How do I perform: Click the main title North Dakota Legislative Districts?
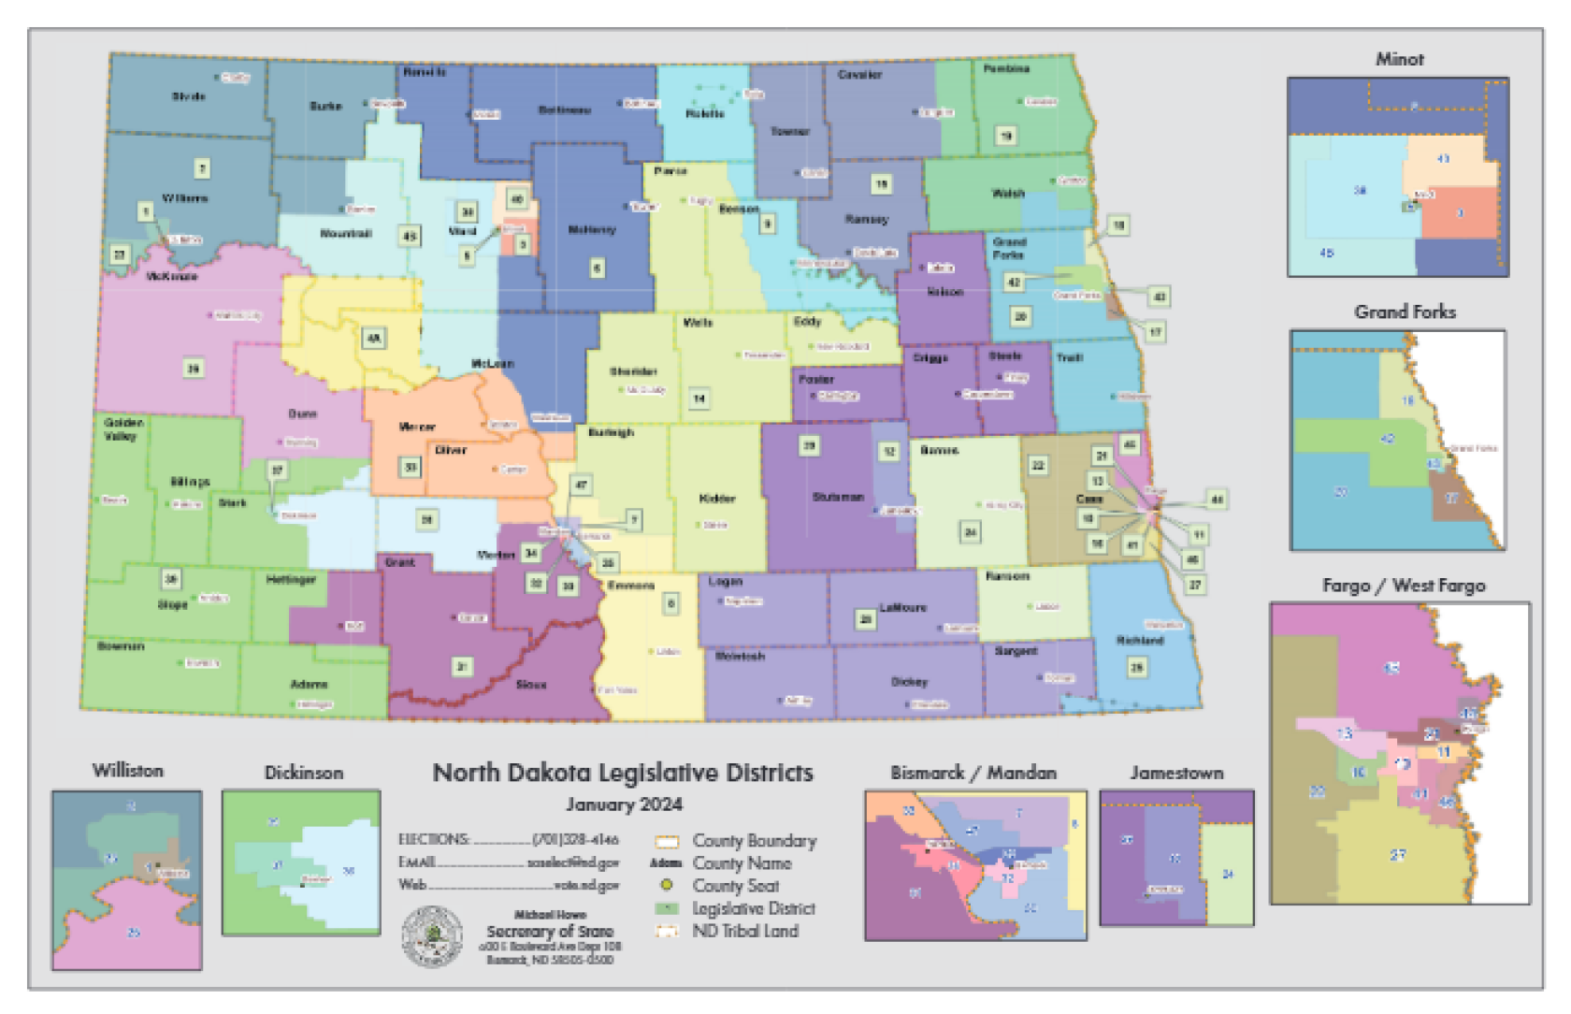coord(623,773)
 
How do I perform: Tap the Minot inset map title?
coord(1399,59)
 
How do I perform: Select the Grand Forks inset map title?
coord(1405,311)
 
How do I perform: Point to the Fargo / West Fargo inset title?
coord(1404,586)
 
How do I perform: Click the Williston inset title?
coord(128,771)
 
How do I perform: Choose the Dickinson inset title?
coord(303,773)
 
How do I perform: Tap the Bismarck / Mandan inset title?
coord(973,773)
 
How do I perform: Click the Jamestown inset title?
coord(1176,773)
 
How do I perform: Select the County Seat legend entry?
coord(735,885)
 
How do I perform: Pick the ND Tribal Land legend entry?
coord(744,931)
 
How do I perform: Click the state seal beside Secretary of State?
coord(432,935)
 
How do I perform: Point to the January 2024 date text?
coord(624,804)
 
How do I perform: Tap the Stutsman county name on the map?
coord(838,497)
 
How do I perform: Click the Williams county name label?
coord(184,198)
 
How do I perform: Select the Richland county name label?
coord(1139,641)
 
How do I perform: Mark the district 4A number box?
coord(373,338)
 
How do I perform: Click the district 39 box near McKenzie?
coord(193,369)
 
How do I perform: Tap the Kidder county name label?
coord(717,499)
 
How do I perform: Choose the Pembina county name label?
coord(1006,69)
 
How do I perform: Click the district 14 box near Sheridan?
coord(699,398)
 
